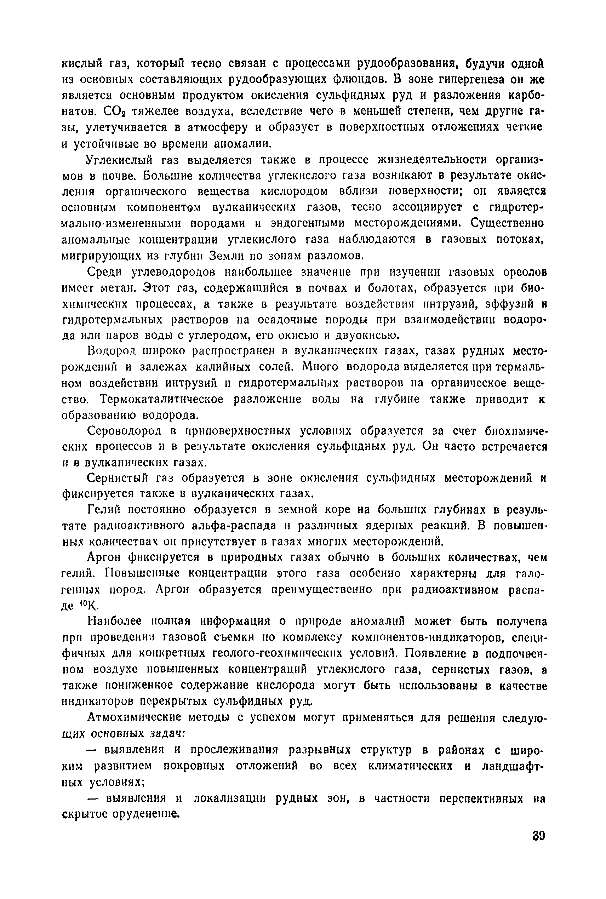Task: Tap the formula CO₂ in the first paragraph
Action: (x=114, y=111)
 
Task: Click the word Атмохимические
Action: (x=135, y=717)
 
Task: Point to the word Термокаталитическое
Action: (x=162, y=399)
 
